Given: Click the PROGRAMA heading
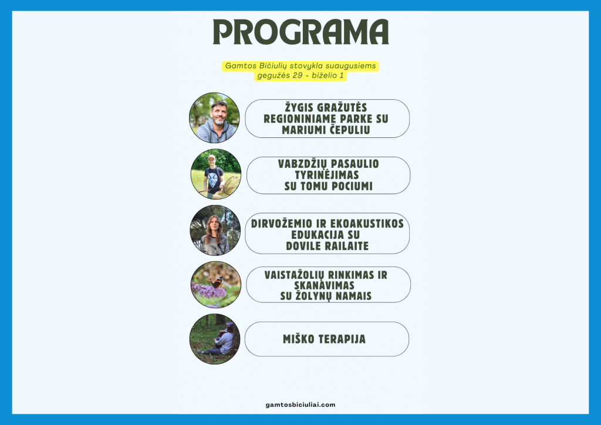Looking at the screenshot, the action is (301, 32).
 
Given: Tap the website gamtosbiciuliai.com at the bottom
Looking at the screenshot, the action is (300, 404).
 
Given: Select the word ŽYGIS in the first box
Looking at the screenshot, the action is (298, 107).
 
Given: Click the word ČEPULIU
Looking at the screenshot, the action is (350, 130).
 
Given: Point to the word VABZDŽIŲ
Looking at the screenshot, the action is (300, 164).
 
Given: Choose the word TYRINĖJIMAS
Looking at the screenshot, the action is (327, 175).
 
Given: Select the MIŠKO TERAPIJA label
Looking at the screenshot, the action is (324, 339).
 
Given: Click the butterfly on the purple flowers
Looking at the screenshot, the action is (217, 282).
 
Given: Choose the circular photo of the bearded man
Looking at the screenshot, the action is (214, 117).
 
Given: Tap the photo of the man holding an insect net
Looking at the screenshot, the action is (216, 174).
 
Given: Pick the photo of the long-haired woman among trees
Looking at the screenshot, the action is (215, 230).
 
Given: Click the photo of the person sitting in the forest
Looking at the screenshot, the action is (215, 339).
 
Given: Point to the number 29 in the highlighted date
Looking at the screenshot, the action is (298, 76).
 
